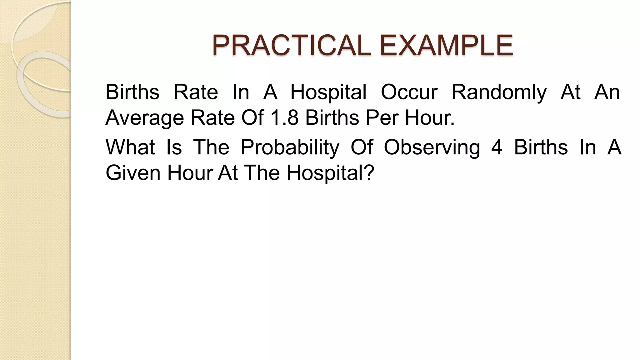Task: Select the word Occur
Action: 409,92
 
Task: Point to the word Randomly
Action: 499,93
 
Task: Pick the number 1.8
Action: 284,118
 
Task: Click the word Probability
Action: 290,147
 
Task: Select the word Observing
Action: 432,147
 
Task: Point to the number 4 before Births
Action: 497,147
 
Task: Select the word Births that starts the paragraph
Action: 132,92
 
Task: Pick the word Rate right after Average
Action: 212,118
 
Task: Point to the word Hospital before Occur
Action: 328,93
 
